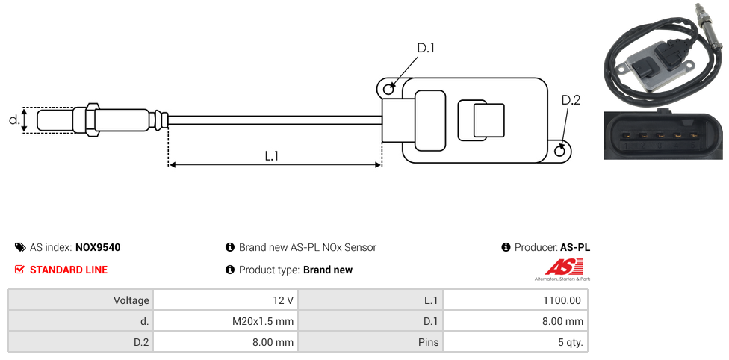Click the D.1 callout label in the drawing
pos(426,48)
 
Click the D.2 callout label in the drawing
pos(570,101)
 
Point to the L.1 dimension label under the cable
pos(272,156)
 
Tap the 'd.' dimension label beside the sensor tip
pos(13,120)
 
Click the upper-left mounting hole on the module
pos(388,90)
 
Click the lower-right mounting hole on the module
pos(561,152)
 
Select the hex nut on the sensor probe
pos(93,120)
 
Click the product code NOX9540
pos(98,248)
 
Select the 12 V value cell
pos(225,300)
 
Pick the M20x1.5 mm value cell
pos(225,321)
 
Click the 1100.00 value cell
pos(515,300)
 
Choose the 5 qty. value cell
pos(515,343)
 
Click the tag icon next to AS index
pos(20,247)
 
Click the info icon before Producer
pos(506,247)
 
